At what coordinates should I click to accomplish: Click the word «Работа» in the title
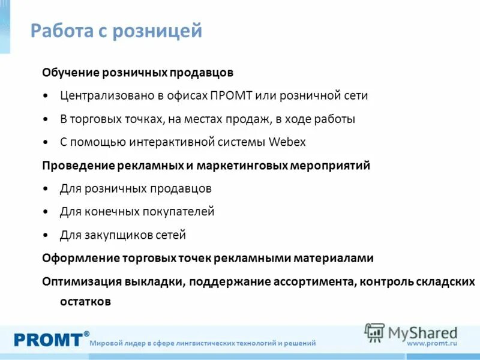tap(59, 31)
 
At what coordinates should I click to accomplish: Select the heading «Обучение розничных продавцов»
tap(137, 73)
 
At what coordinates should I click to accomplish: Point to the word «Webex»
tap(287, 142)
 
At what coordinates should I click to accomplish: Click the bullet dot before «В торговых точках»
tap(47, 119)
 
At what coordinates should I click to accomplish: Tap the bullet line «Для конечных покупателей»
tap(137, 212)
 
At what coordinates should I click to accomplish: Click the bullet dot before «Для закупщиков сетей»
tap(47, 235)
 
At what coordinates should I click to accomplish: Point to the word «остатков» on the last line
tap(85, 302)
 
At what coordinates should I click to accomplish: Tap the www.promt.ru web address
tap(432, 343)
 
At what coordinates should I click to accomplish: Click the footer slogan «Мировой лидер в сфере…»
tap(203, 343)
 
